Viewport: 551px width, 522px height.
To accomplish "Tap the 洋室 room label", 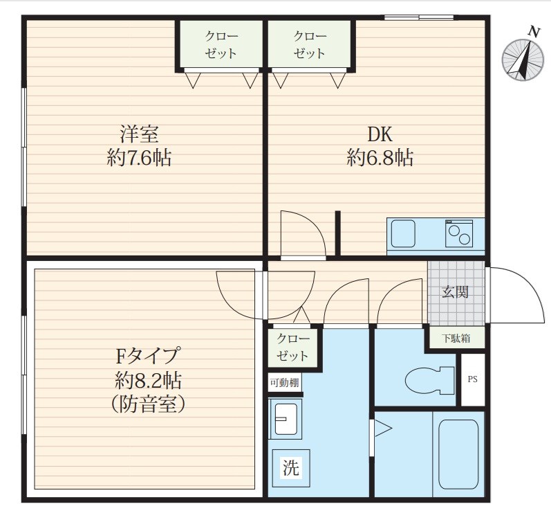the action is (x=139, y=134).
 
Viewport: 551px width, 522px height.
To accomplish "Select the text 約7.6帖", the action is (x=139, y=158).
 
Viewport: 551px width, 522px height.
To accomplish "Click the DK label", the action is (x=380, y=134).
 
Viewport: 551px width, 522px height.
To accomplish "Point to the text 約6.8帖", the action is (x=380, y=158).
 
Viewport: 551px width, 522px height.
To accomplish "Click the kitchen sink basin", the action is (x=403, y=233).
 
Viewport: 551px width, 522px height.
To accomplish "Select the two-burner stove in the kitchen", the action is (x=459, y=233).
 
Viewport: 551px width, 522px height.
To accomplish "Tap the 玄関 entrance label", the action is (x=456, y=291).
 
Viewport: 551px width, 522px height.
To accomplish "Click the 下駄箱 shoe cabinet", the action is (x=456, y=339).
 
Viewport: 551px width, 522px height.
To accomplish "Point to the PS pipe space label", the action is (x=473, y=379).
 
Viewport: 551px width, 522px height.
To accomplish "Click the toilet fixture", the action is (x=429, y=380).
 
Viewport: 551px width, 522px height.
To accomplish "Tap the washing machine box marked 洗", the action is (x=291, y=468).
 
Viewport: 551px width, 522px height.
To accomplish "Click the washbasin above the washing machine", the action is (x=286, y=419).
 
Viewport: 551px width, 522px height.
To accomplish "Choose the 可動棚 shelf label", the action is (x=285, y=383).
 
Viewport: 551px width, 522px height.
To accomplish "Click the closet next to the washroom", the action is (x=292, y=348).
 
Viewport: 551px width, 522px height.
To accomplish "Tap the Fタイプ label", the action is (x=148, y=355).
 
